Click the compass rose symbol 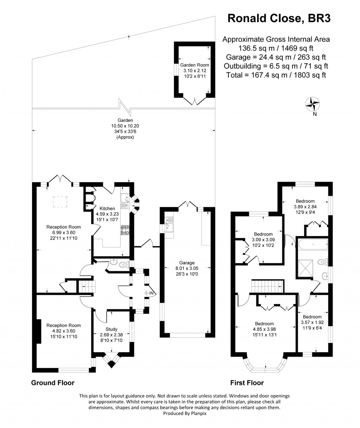[312, 103]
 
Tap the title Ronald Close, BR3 [279, 18]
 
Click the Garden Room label [194, 65]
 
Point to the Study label [111, 329]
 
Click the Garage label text [187, 263]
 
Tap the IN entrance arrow [149, 293]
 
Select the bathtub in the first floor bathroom [313, 243]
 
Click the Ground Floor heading [53, 383]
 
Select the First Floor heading [247, 383]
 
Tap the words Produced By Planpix [180, 414]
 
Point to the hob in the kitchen [125, 230]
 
